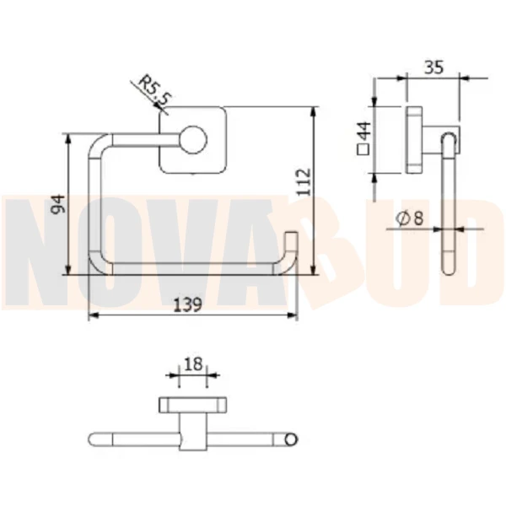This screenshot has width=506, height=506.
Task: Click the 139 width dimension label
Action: point(187,304)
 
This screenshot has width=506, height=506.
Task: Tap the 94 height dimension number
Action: point(58,204)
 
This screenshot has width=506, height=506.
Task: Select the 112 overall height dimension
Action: point(304,182)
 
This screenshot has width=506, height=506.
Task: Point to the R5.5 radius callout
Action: point(154,89)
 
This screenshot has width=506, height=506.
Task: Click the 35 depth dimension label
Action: point(433,67)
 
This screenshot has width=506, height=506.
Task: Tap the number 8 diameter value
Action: point(418,218)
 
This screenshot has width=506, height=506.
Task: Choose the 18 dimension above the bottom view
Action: point(193,364)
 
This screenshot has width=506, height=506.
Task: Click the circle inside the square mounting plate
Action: point(193,140)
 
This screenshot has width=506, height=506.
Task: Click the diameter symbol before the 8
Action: point(403,218)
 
